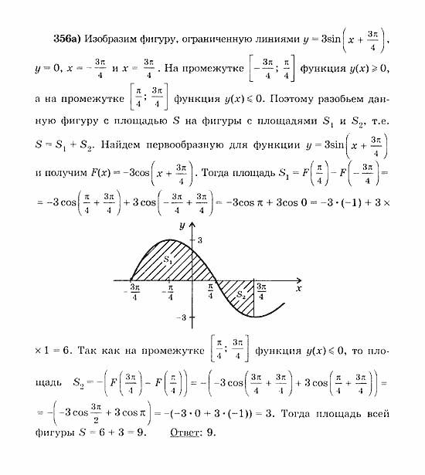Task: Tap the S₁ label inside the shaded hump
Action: pyautogui.click(x=169, y=262)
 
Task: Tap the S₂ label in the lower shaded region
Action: pyautogui.click(x=241, y=293)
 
